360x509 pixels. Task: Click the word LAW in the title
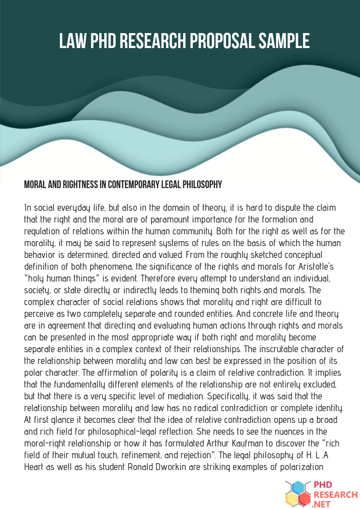coord(73,41)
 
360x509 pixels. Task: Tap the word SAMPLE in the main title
coord(284,41)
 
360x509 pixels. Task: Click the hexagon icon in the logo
coord(297,494)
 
